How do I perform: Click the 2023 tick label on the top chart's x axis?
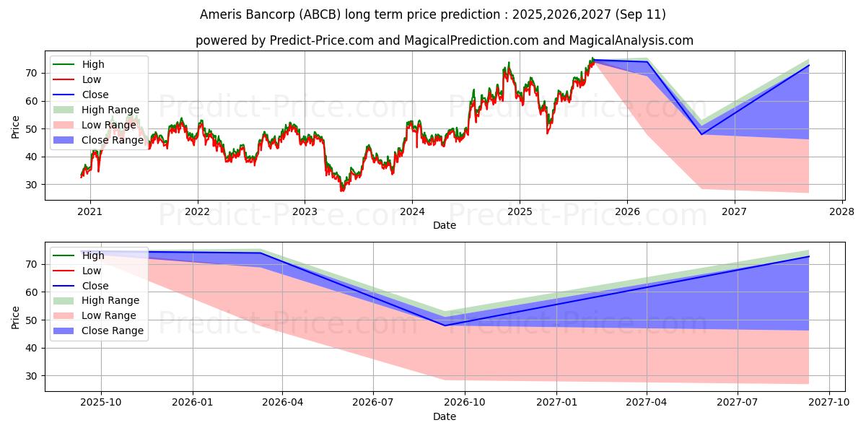[305, 212]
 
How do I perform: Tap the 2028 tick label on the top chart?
[842, 212]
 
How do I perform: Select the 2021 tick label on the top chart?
[89, 212]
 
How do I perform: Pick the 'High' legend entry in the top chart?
[93, 64]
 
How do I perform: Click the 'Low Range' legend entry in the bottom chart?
[109, 315]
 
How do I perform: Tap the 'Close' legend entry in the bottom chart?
[95, 286]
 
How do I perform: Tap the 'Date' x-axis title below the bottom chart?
[444, 416]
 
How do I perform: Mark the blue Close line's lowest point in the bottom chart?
[445, 325]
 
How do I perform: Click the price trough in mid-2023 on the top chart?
[342, 190]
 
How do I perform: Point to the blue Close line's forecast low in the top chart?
[701, 134]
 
